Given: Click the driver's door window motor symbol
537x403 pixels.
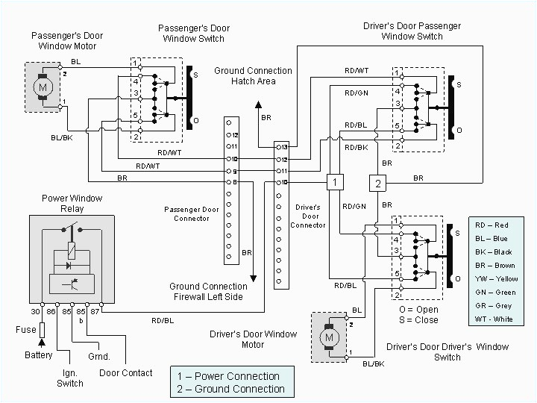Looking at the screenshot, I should [x=327, y=339].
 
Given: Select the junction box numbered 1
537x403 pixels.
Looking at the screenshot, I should [x=336, y=182].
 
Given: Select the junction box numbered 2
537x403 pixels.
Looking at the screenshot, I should [x=378, y=182].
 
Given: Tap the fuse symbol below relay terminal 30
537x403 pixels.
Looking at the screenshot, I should [x=43, y=329].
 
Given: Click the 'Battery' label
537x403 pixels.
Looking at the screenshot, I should [x=39, y=355].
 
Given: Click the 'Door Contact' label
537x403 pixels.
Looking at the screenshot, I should [x=126, y=373].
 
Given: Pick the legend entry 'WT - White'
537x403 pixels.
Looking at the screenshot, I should [x=494, y=319].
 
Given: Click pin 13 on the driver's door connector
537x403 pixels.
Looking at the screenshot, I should [x=282, y=147].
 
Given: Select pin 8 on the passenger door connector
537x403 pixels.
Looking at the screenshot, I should [x=235, y=182].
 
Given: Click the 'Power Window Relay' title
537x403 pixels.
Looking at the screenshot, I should [x=72, y=204].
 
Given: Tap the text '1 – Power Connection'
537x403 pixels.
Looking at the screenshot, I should [x=228, y=376].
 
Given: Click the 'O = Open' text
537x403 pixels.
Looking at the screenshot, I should [x=418, y=310].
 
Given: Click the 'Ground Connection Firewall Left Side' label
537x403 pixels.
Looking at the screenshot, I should [x=208, y=292].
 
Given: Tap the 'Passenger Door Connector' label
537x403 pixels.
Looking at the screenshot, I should [x=192, y=214].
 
